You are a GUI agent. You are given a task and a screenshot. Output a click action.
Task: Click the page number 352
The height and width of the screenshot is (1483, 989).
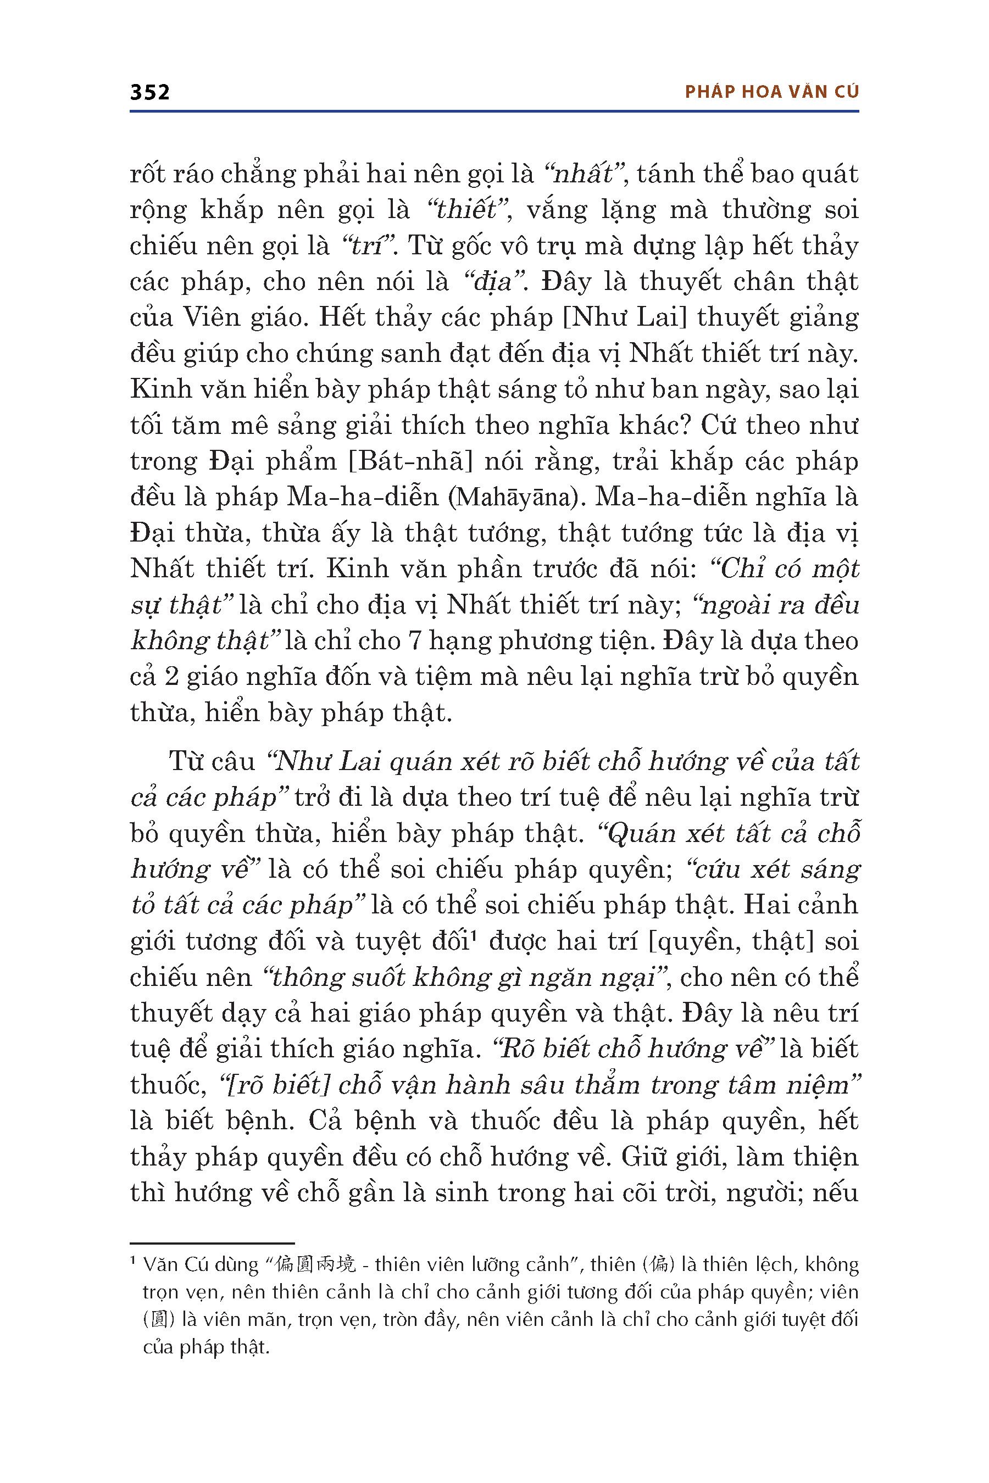click(149, 93)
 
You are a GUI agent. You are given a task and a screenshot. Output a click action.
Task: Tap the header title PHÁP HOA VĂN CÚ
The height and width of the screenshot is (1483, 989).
click(771, 92)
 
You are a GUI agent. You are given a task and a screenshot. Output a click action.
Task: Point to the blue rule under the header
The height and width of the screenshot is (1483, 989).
click(494, 111)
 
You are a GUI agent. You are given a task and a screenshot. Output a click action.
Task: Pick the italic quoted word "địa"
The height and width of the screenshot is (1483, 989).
click(494, 282)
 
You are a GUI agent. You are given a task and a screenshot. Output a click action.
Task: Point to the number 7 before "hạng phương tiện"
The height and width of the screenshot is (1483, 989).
click(414, 641)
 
